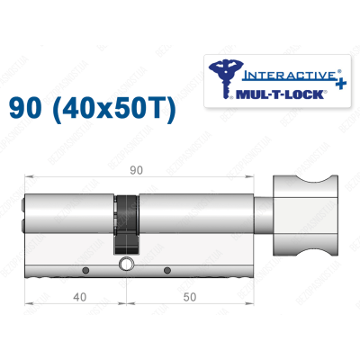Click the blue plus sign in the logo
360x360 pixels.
[x=320, y=77]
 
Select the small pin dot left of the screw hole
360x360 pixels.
[x=84, y=271]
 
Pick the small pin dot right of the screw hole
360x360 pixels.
[x=166, y=271]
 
